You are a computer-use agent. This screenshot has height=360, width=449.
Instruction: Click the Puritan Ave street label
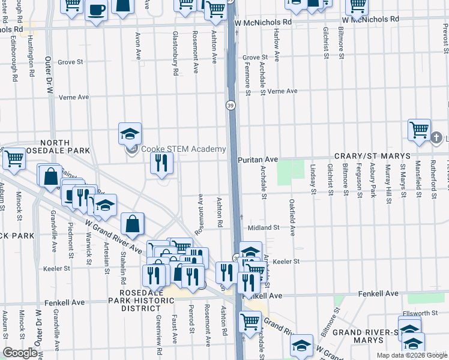[258, 160]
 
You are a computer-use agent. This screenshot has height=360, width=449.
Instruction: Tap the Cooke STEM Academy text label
[183, 149]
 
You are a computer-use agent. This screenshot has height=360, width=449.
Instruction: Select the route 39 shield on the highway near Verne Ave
[231, 105]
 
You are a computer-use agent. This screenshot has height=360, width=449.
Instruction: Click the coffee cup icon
[96, 10]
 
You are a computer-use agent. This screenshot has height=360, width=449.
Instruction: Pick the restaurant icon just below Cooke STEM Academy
[161, 163]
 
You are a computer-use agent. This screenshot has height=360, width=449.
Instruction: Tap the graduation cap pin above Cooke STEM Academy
[130, 134]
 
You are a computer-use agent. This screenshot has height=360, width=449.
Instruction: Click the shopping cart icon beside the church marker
[419, 130]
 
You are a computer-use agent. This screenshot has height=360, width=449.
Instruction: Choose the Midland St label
[264, 227]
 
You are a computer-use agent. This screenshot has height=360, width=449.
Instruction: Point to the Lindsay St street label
[313, 179]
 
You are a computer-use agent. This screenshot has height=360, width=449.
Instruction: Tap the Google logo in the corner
[20, 353]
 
